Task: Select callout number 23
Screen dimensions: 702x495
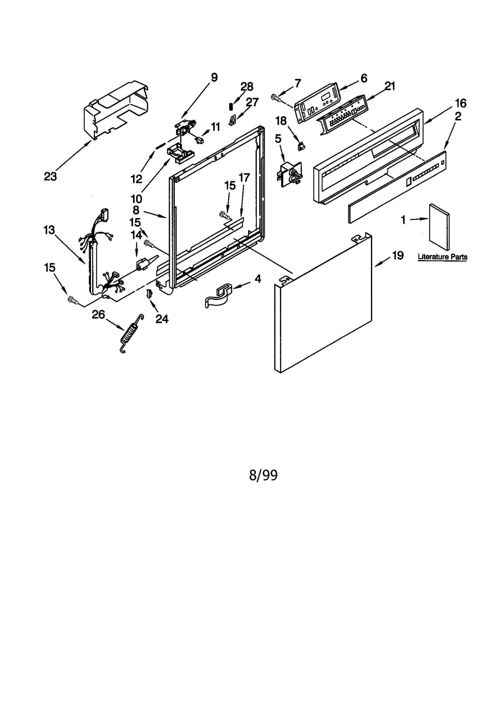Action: point(50,176)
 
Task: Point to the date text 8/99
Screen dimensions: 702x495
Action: point(263,475)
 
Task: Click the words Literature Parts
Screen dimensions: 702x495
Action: point(442,257)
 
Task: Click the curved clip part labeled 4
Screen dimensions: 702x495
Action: point(218,296)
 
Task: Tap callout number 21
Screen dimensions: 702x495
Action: point(390,86)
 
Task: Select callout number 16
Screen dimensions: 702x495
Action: point(461,103)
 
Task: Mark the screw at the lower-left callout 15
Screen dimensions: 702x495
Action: point(72,299)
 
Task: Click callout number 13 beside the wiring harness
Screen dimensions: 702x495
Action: point(49,230)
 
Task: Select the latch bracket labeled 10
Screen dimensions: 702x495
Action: point(180,154)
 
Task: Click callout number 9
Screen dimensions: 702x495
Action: point(214,77)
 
